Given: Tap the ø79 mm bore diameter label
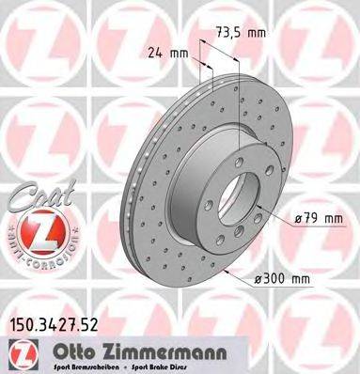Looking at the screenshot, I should tap(317, 219).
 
